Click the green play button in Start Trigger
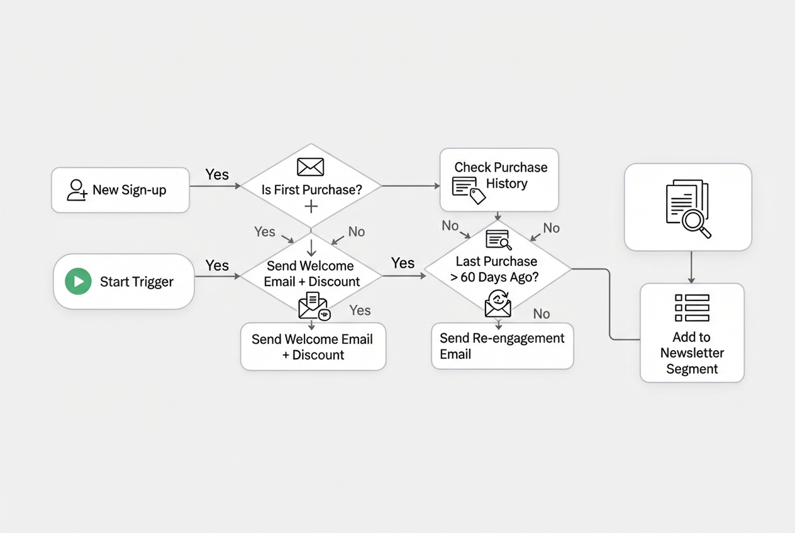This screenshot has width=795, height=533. (x=78, y=282)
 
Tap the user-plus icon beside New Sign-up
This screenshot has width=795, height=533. (x=77, y=190)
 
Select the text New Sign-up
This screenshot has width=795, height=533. (x=130, y=190)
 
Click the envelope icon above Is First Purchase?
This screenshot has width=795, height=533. (x=310, y=167)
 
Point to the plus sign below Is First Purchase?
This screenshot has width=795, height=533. (x=311, y=206)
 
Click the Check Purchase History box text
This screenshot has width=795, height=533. (x=501, y=175)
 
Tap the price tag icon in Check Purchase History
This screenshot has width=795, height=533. (x=477, y=196)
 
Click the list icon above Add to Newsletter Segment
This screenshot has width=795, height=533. (x=692, y=308)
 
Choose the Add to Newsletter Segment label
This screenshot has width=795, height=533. (x=692, y=353)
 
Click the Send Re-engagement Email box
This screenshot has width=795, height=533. (x=502, y=346)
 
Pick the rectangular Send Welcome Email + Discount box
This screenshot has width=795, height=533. (x=313, y=346)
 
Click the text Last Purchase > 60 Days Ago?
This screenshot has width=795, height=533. (x=496, y=269)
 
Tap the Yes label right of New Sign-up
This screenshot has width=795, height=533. (x=217, y=175)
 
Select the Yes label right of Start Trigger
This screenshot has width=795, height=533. (x=217, y=265)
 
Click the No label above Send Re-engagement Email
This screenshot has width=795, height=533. (x=542, y=314)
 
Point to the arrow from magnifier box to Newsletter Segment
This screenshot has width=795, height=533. (x=691, y=267)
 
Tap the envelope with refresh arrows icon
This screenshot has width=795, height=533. (x=498, y=303)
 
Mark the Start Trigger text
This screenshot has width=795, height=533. (x=136, y=282)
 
